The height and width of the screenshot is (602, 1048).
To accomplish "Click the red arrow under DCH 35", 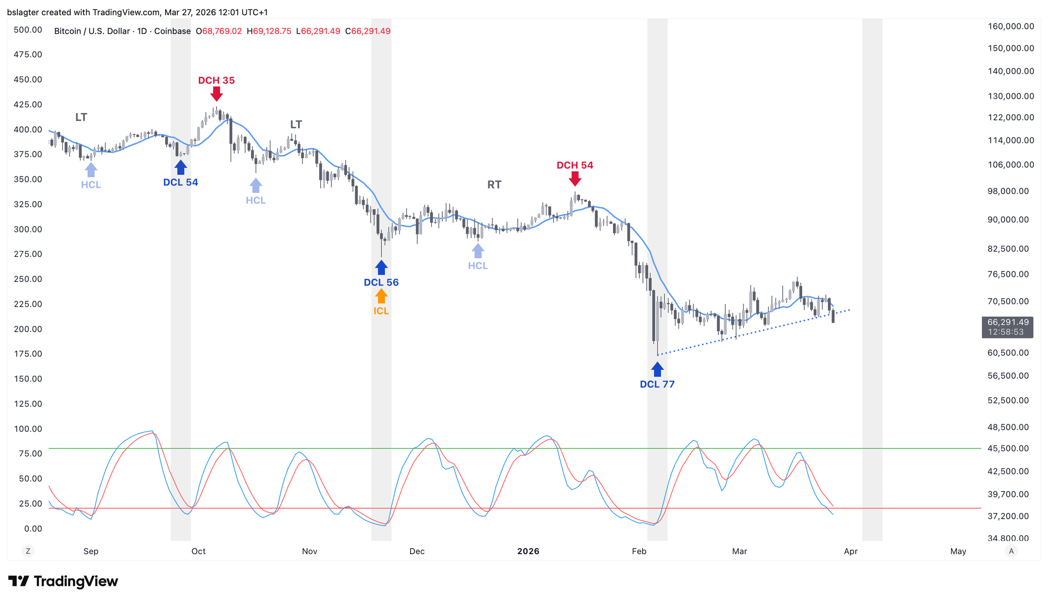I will point(216,94).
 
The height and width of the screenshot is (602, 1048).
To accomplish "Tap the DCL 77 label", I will point(657,384).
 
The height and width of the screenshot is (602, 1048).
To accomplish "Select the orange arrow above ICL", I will point(381,296).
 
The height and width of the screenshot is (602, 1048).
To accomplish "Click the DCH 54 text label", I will point(575,166).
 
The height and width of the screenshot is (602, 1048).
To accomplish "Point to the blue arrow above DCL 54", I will point(181,168).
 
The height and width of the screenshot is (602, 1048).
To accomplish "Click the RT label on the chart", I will point(494,184).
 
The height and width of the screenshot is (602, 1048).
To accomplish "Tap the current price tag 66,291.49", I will point(1008,322).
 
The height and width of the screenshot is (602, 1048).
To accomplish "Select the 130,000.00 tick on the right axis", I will point(1011,96).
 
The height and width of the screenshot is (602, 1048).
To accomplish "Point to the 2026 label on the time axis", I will point(528,551).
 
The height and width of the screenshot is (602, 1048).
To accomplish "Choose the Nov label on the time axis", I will point(310,551).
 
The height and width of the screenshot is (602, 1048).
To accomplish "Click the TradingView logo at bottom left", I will point(63,581).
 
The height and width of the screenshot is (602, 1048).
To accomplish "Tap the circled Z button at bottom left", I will point(28,551).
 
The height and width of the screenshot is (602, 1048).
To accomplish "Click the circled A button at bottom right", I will point(1011,551).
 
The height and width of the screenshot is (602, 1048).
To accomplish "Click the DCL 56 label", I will point(381,282).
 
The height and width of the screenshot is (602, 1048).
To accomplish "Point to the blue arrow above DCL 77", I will point(657,369).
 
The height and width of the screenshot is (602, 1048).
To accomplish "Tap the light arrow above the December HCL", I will point(478,251).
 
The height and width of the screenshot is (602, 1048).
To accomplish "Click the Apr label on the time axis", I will point(851,551).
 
